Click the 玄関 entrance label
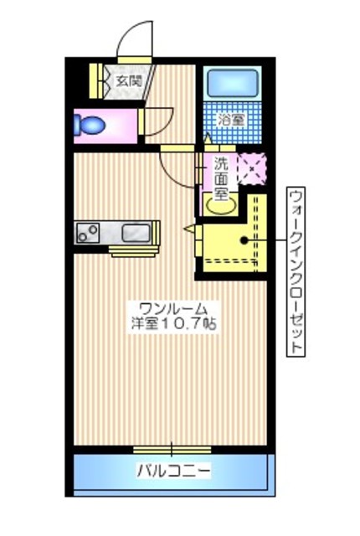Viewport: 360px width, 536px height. (128, 82)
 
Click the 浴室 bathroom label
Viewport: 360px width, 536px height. (232, 120)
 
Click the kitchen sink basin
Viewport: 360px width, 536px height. (135, 232)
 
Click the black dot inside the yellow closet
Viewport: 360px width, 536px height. (244, 240)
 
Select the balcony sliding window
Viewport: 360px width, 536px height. (172, 447)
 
